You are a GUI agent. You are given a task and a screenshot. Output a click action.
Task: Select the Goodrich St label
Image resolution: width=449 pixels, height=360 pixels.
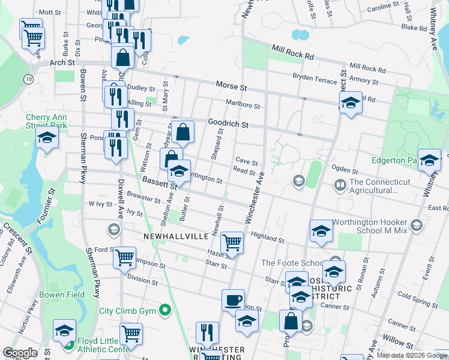(x=228, y=124)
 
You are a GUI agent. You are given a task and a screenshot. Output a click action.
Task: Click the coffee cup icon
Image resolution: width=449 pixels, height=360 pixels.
(x=233, y=300)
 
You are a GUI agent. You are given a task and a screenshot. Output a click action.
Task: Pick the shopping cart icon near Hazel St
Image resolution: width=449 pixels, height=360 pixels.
(x=232, y=242)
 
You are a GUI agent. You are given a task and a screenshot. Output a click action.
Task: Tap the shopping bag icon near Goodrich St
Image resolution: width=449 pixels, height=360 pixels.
(x=184, y=131)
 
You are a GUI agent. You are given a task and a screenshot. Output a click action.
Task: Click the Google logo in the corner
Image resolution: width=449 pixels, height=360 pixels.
(x=20, y=353)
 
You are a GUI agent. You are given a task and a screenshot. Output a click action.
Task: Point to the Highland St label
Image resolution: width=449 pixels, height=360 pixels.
(x=268, y=238)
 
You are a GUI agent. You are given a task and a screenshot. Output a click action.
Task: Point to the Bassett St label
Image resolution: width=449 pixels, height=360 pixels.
(x=157, y=180)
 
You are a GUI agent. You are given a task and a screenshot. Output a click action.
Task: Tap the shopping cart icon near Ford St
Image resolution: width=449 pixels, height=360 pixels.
(x=124, y=258)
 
